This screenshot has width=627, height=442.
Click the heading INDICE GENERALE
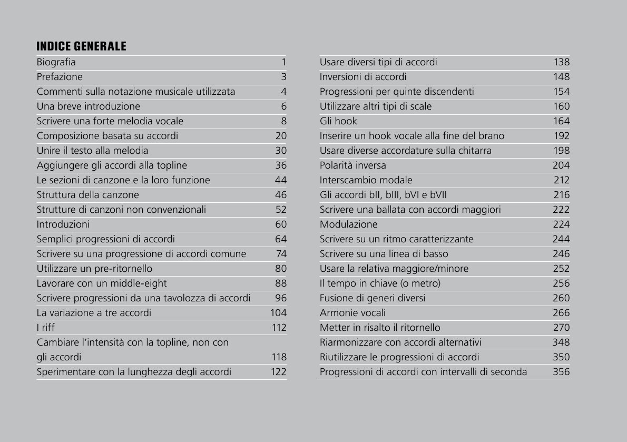pyautogui.click(x=81, y=46)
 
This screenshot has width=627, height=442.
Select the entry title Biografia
pyautogui.click(x=56, y=62)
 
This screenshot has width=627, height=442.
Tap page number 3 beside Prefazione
pyautogui.click(x=283, y=77)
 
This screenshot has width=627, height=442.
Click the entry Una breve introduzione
pyautogui.click(x=88, y=106)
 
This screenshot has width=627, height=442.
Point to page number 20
pyautogui.click(x=281, y=136)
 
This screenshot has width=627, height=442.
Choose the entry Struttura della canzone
pyautogui.click(x=87, y=195)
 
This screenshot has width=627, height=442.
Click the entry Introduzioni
pyautogui.click(x=63, y=224)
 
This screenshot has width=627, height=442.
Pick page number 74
pyautogui.click(x=281, y=254)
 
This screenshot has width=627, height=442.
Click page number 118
pyautogui.click(x=279, y=357)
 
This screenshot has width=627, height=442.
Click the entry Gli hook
pyautogui.click(x=338, y=121)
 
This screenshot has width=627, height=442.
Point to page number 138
pyautogui.click(x=561, y=62)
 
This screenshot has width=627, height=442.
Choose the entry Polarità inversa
pyautogui.click(x=352, y=165)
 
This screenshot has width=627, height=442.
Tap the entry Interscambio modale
pyautogui.click(x=366, y=180)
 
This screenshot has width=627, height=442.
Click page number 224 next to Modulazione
pyautogui.click(x=561, y=224)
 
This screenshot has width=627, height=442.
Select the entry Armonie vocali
pyautogui.click(x=352, y=313)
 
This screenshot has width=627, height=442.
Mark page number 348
pyautogui.click(x=561, y=342)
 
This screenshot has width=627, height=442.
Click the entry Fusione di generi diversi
pyautogui.click(x=372, y=298)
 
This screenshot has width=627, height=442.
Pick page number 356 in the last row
pyautogui.click(x=561, y=372)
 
